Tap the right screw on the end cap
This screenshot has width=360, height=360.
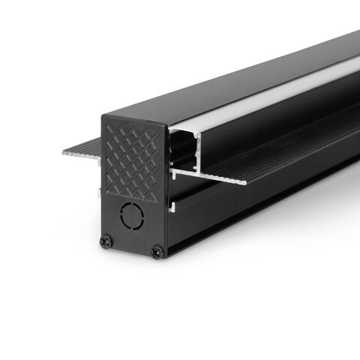[x=156, y=252]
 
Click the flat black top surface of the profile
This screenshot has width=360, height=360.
[x=225, y=82]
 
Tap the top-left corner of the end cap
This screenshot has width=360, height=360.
[x=103, y=115]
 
